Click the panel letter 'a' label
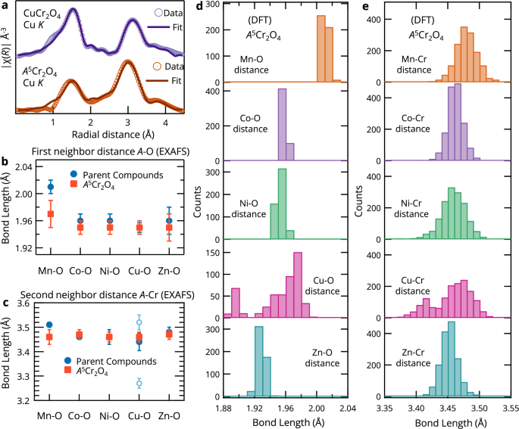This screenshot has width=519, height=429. tap(5, 8)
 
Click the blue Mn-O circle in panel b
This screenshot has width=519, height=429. tap(51, 186)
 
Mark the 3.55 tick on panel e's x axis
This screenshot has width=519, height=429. tap(508, 408)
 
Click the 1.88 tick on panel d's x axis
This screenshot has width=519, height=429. tap(223, 408)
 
